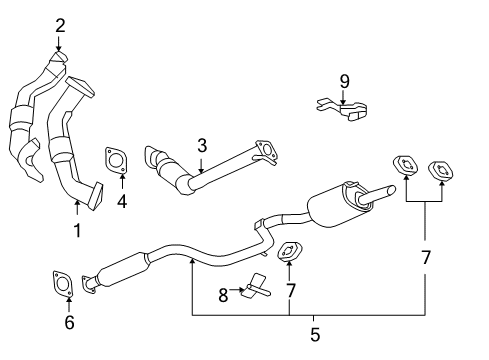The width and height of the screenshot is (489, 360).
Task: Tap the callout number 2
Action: (x=60, y=25)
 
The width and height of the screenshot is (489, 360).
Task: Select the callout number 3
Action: (x=201, y=145)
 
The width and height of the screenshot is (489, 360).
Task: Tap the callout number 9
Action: (x=343, y=80)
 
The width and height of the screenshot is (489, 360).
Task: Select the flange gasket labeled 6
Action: (x=60, y=285)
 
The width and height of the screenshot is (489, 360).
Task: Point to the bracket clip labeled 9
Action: (x=339, y=108)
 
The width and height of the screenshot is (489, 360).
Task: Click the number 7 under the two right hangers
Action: (x=426, y=257)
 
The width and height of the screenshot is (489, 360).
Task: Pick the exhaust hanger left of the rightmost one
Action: (x=406, y=166)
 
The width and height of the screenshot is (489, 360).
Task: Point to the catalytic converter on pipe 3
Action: (x=176, y=175)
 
